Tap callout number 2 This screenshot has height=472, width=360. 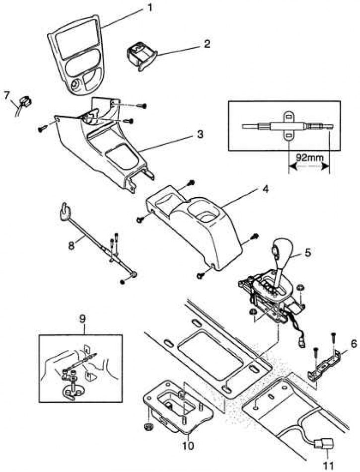(x=207, y=44)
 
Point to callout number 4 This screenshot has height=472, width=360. (x=266, y=189)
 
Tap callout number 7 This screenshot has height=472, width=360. (x=6, y=94)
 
